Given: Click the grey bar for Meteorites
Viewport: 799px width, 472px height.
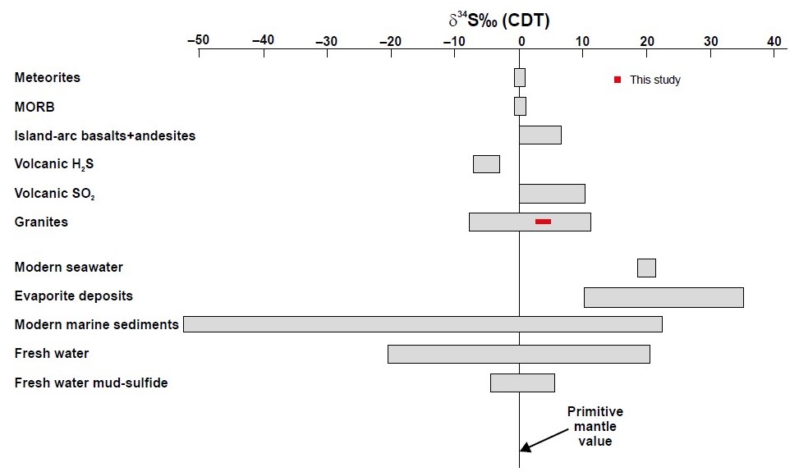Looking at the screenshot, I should pyautogui.click(x=520, y=77).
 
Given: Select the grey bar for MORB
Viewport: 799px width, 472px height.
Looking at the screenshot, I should pyautogui.click(x=520, y=107).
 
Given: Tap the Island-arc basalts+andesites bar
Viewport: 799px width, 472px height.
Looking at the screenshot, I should pyautogui.click(x=540, y=135).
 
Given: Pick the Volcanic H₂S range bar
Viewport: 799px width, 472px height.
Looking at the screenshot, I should pyautogui.click(x=486, y=164).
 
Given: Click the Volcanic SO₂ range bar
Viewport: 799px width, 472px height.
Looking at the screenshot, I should pyautogui.click(x=552, y=194).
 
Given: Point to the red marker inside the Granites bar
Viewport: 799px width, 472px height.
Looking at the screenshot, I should pyautogui.click(x=543, y=222).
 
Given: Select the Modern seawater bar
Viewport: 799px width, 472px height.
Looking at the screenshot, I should pyautogui.click(x=646, y=268).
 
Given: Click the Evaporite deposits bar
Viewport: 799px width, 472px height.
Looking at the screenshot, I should pyautogui.click(x=664, y=297).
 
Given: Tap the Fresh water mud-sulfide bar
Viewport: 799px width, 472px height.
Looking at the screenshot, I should pyautogui.click(x=522, y=383).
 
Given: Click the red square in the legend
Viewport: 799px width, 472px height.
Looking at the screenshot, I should pyautogui.click(x=618, y=80).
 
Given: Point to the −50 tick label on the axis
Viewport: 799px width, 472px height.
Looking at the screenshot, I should pyautogui.click(x=198, y=39).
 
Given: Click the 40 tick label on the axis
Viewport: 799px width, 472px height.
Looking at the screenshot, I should pyautogui.click(x=774, y=39).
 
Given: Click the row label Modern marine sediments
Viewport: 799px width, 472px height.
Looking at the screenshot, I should pyautogui.click(x=96, y=324).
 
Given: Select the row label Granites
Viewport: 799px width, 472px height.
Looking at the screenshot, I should pyautogui.click(x=41, y=222).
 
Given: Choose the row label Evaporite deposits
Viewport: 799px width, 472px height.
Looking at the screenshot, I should pyautogui.click(x=74, y=296).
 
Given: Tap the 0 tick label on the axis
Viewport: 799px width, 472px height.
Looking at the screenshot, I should pyautogui.click(x=520, y=39).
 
